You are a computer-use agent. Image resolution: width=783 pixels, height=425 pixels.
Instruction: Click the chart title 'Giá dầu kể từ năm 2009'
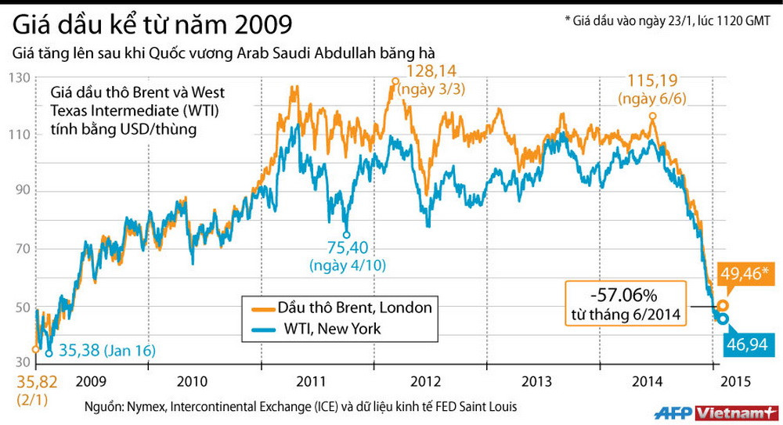152,23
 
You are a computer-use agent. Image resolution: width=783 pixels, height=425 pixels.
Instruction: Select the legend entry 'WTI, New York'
329,329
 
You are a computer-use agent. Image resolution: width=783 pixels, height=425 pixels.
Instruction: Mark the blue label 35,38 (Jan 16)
102,350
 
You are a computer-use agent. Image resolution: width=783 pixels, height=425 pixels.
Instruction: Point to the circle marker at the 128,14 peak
395,81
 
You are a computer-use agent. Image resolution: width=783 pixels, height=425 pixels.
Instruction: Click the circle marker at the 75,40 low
346,233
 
